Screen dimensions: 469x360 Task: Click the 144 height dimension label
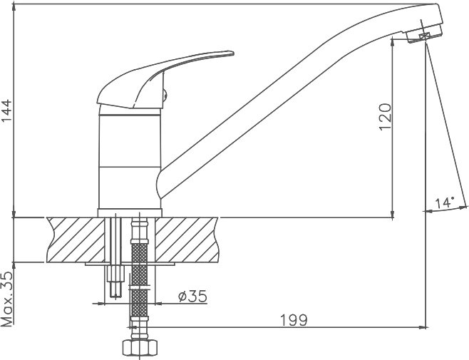(x=6, y=110)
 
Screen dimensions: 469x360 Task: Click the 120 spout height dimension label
(x=385, y=117)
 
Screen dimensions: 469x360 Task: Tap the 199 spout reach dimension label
(x=294, y=320)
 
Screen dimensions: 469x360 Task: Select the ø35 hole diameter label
(x=192, y=297)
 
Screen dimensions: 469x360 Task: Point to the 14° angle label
(x=445, y=203)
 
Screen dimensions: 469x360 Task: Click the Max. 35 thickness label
(x=7, y=299)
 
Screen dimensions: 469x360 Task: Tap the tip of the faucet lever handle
(x=232, y=53)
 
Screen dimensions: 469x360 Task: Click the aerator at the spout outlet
(x=424, y=34)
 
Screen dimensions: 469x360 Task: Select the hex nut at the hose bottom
(x=140, y=347)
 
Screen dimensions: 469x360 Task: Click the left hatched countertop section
(x=76, y=240)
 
